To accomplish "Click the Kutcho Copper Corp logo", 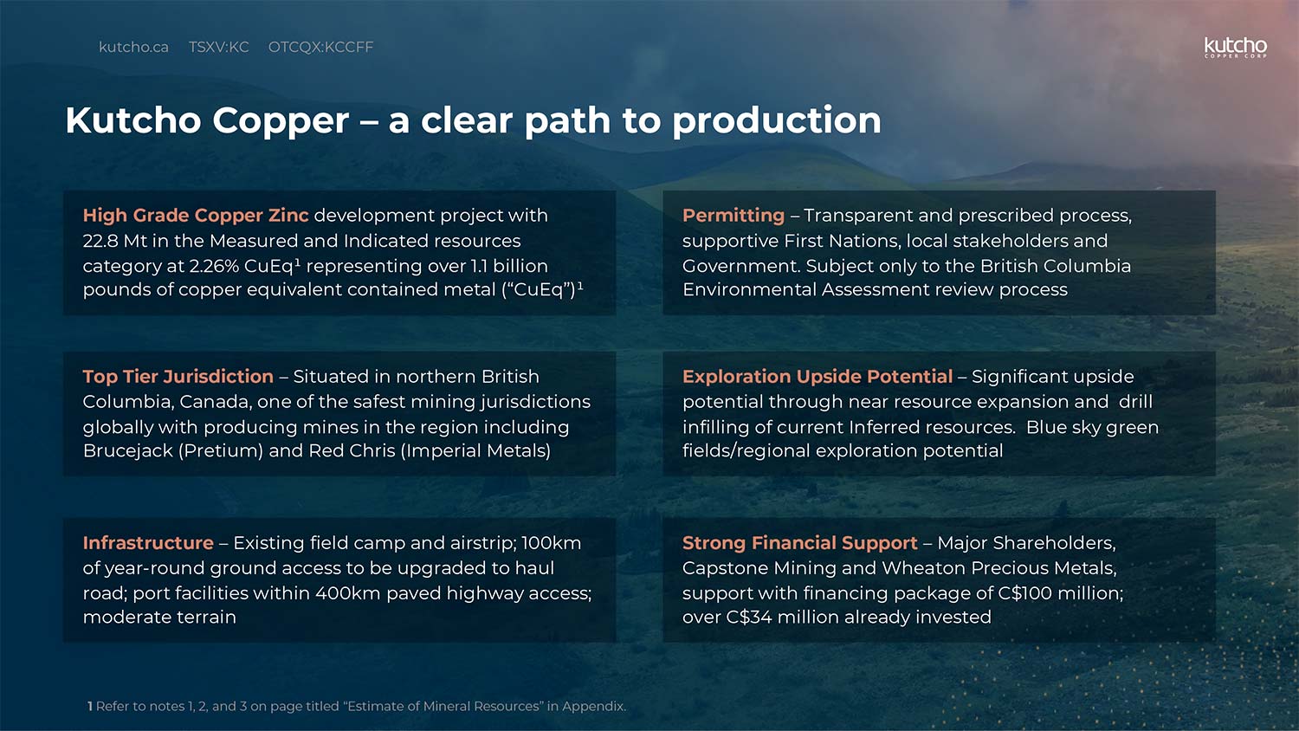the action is (x=1235, y=48).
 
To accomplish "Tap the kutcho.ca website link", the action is (x=133, y=47).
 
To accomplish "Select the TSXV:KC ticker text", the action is (x=218, y=47).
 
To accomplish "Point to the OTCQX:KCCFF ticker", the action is (x=320, y=47).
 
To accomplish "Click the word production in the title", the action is (x=777, y=120).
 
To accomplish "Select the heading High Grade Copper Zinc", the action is (x=196, y=216).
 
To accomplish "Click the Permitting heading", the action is (x=734, y=216).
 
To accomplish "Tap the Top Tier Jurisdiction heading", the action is (x=178, y=377).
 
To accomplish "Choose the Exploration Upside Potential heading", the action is (x=818, y=377).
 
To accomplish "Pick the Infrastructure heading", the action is (x=148, y=543).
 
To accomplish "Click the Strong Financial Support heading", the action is (x=799, y=543).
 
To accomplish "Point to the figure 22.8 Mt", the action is (x=115, y=241).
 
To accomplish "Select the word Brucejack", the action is (x=127, y=450).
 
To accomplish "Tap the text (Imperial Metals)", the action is (x=475, y=450).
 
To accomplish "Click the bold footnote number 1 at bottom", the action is (x=90, y=707).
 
